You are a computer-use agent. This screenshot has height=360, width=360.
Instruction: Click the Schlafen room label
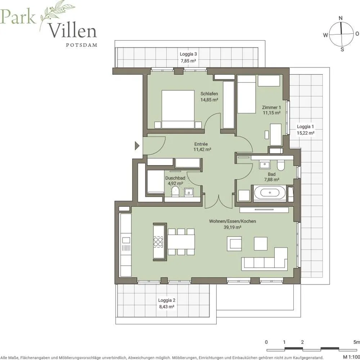pos(209,94)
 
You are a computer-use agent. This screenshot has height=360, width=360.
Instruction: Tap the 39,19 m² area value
pos(232,227)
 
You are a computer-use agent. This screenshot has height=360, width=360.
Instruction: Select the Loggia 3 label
pos(188,54)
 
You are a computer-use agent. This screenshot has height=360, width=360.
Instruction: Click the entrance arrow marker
pos(137,145)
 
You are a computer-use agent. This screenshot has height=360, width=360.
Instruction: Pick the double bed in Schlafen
pos(178,109)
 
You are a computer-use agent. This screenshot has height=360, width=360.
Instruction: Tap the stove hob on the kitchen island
pos(158,242)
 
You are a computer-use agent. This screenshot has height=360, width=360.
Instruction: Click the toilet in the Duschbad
pos(176,191)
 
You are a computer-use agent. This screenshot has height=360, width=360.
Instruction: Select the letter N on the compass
pos(341,18)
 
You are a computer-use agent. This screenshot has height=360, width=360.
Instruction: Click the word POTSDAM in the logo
pos(81,45)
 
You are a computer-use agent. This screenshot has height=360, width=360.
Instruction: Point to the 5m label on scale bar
pos(356,342)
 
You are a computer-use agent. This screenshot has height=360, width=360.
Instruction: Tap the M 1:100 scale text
pos(351,357)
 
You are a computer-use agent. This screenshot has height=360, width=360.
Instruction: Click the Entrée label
pos(201,144)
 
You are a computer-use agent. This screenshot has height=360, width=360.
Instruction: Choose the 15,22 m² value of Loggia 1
pos(305,133)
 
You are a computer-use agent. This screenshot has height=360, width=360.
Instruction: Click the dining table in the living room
pos(181,242)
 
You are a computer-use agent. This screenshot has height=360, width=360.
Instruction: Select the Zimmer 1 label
pos(271,107)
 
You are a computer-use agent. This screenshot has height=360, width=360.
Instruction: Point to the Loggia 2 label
pos(167,300)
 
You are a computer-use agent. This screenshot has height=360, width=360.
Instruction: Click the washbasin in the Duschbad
pos(189,192)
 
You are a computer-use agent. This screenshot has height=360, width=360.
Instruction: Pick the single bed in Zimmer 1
pos(246,94)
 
